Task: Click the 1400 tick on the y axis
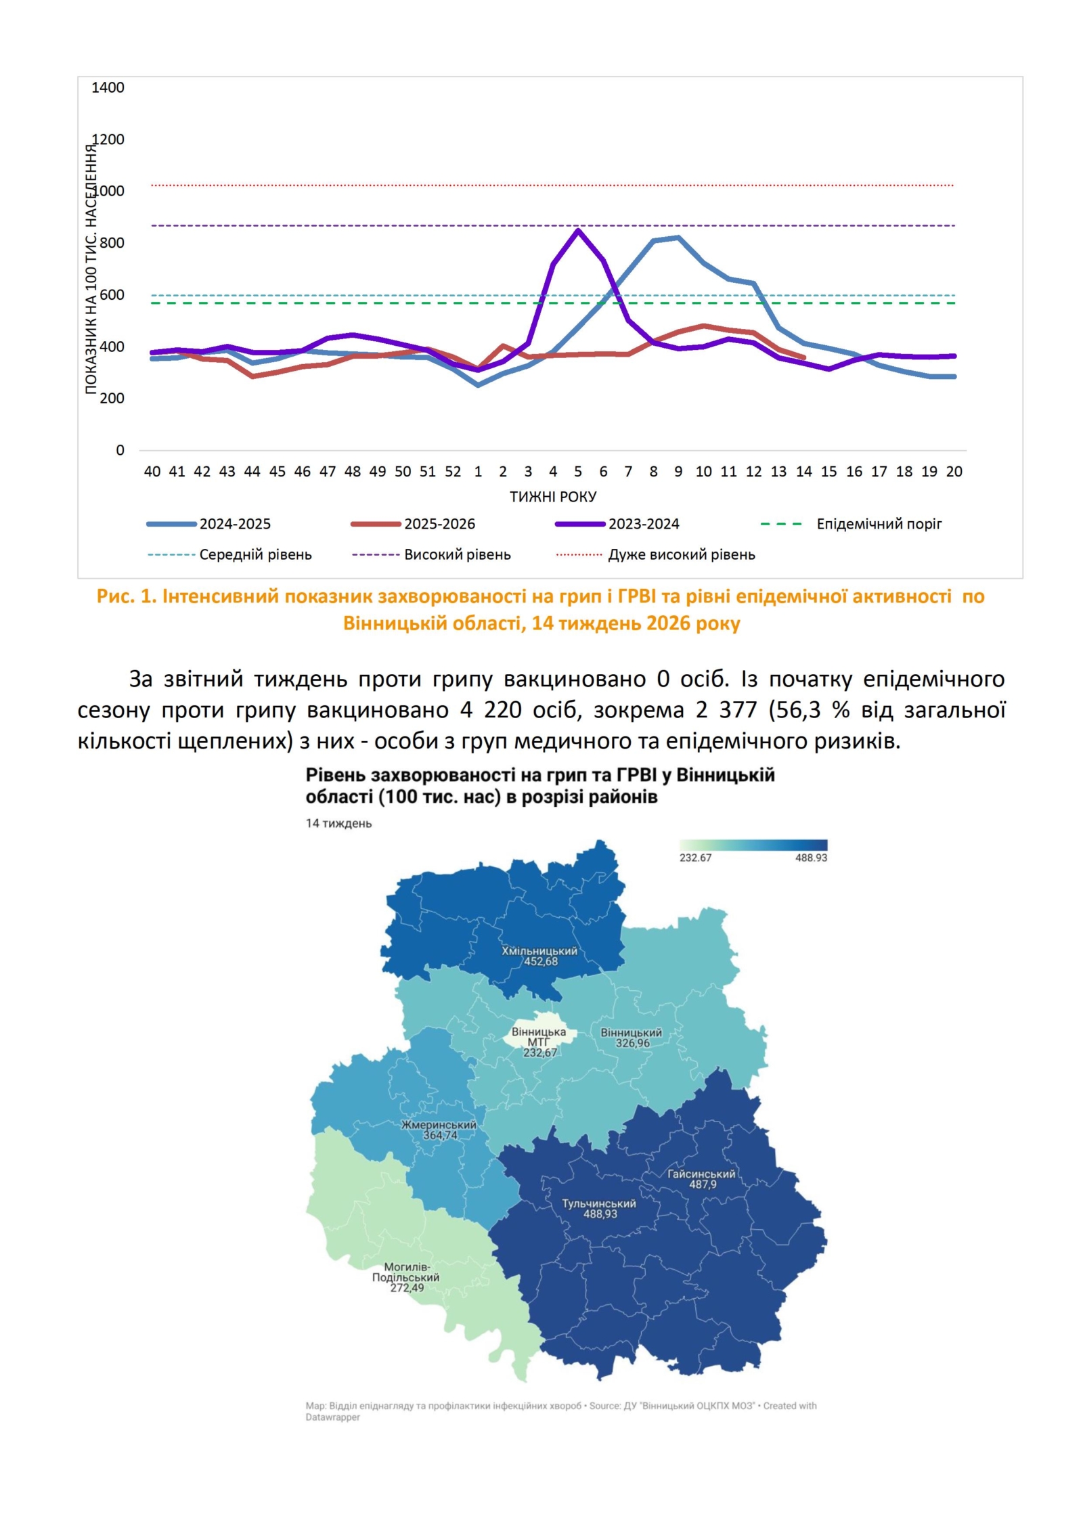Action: (x=108, y=87)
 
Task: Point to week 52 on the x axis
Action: (x=452, y=472)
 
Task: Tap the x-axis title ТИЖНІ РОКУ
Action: (x=552, y=497)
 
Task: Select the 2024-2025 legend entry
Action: (x=234, y=524)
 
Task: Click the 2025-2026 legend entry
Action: (x=439, y=524)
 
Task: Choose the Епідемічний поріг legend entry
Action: (x=879, y=524)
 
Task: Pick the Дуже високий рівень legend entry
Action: (x=681, y=555)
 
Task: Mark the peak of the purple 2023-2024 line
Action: (x=577, y=231)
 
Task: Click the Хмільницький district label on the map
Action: (x=539, y=951)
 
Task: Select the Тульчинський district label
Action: (x=599, y=1203)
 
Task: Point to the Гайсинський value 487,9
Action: (x=703, y=1184)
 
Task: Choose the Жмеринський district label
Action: (x=439, y=1125)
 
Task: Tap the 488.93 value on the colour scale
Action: (x=811, y=858)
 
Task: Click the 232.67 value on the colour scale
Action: (x=695, y=858)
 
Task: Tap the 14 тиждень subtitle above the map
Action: (x=338, y=824)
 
